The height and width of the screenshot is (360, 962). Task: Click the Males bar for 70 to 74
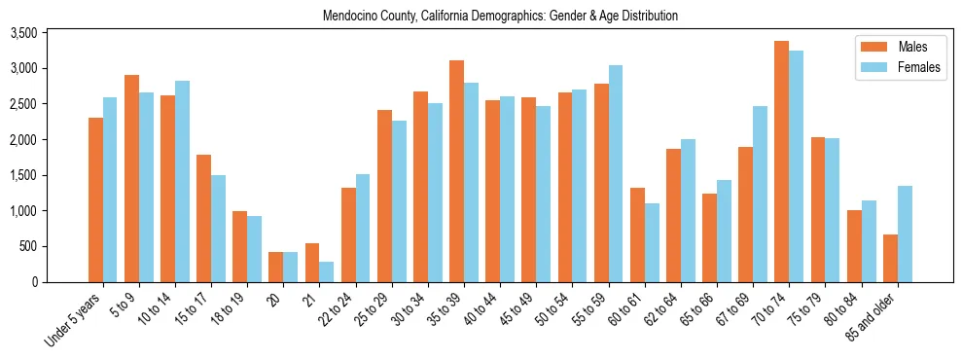coord(782,162)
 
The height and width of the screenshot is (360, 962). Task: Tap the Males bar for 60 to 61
coord(637,234)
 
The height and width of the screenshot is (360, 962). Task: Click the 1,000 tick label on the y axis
coord(51,211)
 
